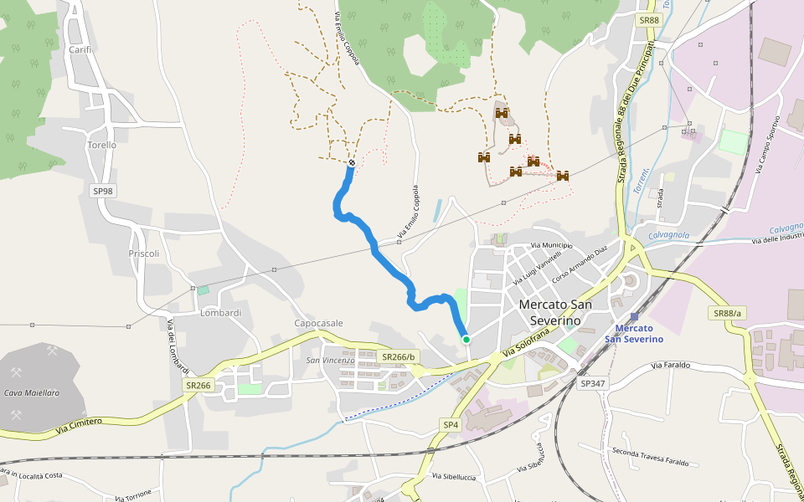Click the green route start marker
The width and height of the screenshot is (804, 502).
click(466, 339)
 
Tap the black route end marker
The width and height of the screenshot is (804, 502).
click(352, 162)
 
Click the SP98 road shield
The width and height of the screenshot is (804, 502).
click(103, 191)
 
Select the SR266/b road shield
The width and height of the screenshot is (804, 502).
click(399, 357)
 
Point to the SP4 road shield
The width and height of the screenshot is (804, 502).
click(451, 425)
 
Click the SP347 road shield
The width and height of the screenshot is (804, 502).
click(592, 383)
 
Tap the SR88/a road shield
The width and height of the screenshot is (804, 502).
click(728, 313)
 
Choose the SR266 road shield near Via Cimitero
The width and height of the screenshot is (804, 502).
click(199, 385)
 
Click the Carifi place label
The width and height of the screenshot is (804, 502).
click(80, 49)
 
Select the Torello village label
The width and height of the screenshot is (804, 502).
click(101, 145)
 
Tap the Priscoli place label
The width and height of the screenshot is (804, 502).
click(144, 254)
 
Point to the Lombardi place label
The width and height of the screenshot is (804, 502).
click(221, 313)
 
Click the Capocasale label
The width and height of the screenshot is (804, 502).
click(318, 323)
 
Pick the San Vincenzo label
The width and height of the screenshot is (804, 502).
click(330, 361)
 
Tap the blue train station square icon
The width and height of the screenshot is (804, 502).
click(634, 316)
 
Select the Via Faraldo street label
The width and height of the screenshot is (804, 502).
click(671, 365)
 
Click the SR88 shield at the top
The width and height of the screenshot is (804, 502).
click(648, 20)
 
